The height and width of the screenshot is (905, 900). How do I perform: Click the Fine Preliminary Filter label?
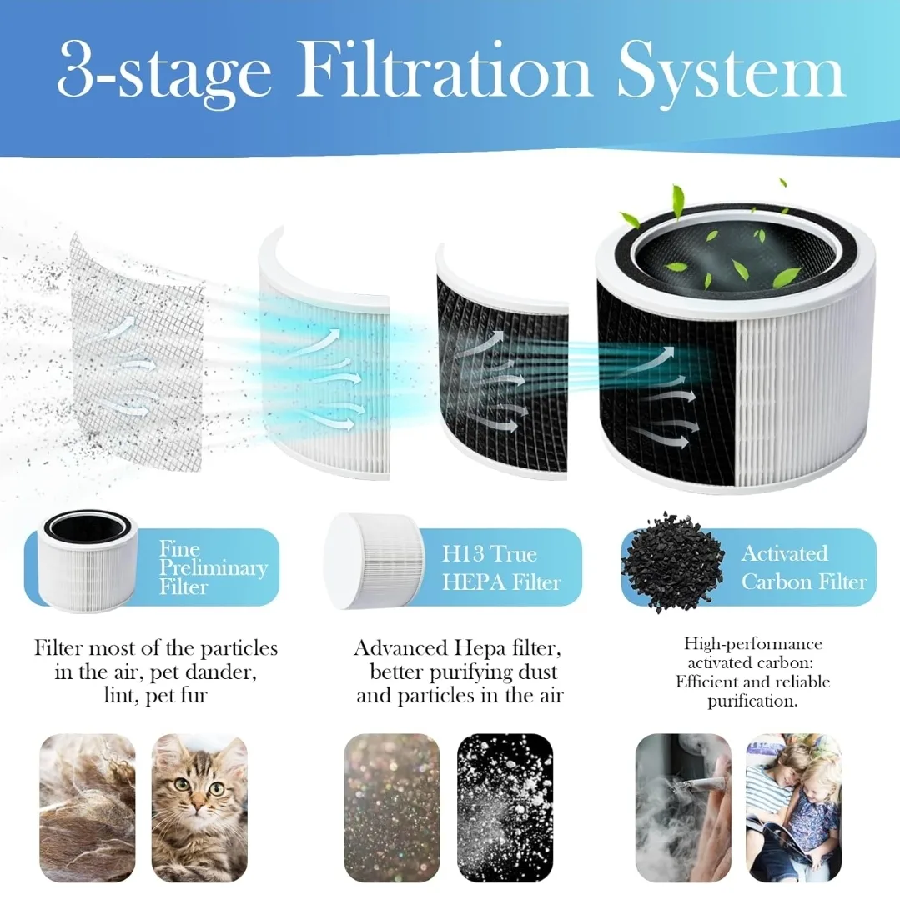213,568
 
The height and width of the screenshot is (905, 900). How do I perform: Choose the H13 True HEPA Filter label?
500,568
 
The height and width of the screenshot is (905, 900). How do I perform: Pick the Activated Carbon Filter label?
803,567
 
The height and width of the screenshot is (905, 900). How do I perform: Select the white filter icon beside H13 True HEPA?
373,559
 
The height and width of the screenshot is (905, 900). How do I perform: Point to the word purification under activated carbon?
752,701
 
